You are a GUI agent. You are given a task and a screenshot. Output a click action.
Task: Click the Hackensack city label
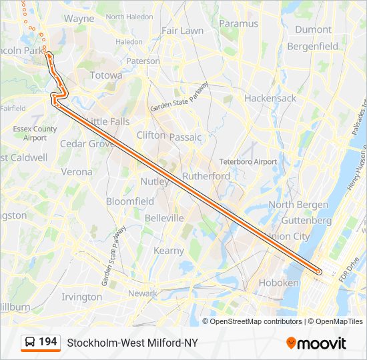click(x=270, y=98)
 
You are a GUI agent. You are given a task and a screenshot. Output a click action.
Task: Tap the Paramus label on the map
click(x=238, y=24)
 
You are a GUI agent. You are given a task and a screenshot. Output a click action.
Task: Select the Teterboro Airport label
click(x=248, y=162)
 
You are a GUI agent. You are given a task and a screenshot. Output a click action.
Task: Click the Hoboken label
click(x=279, y=283)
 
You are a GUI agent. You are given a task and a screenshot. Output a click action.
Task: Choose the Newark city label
click(x=143, y=293)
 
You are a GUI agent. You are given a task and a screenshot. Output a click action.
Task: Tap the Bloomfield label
click(x=130, y=201)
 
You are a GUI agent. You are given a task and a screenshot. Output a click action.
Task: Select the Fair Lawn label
click(x=183, y=31)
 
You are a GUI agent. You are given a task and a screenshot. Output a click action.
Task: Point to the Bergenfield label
click(x=312, y=47)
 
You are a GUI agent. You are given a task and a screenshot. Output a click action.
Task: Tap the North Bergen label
click(x=298, y=205)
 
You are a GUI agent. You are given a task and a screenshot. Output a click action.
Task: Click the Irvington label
click(x=82, y=297)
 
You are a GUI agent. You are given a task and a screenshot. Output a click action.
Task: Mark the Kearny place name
click(x=169, y=251)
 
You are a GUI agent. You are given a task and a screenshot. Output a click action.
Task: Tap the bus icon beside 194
click(x=29, y=343)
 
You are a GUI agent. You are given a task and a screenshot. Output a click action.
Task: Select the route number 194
click(x=47, y=342)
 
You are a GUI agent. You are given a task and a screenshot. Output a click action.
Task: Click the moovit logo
click(x=316, y=343)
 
